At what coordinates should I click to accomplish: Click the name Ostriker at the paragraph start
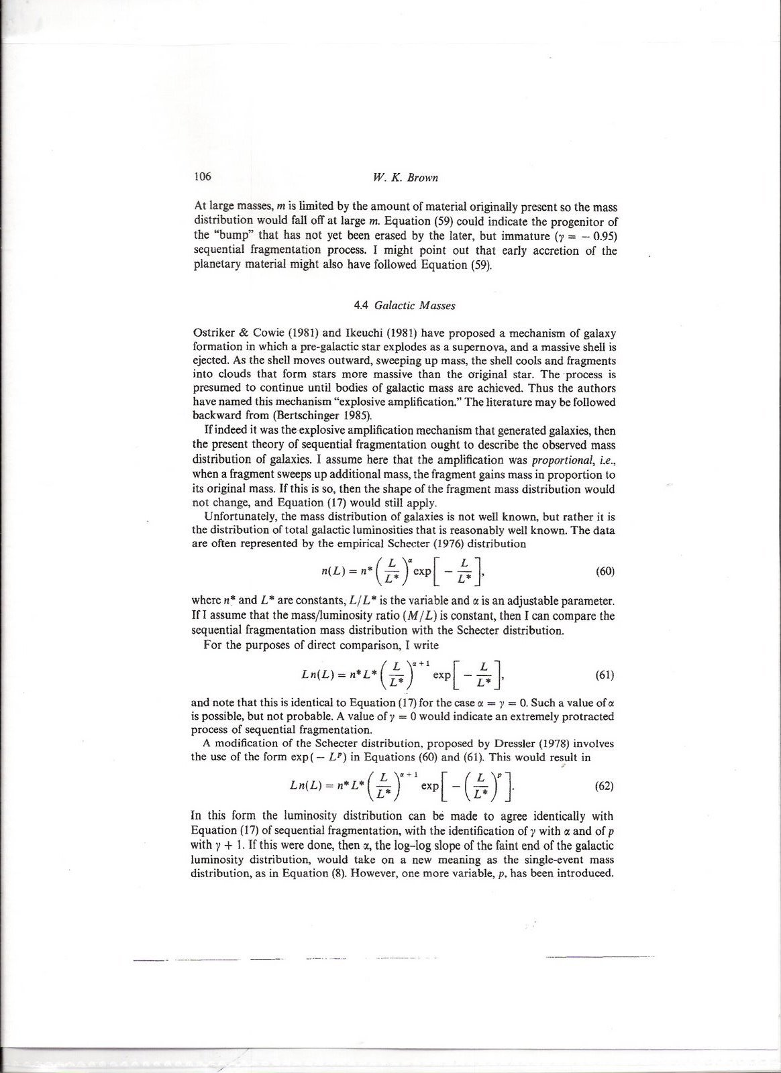[x=213, y=333]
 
